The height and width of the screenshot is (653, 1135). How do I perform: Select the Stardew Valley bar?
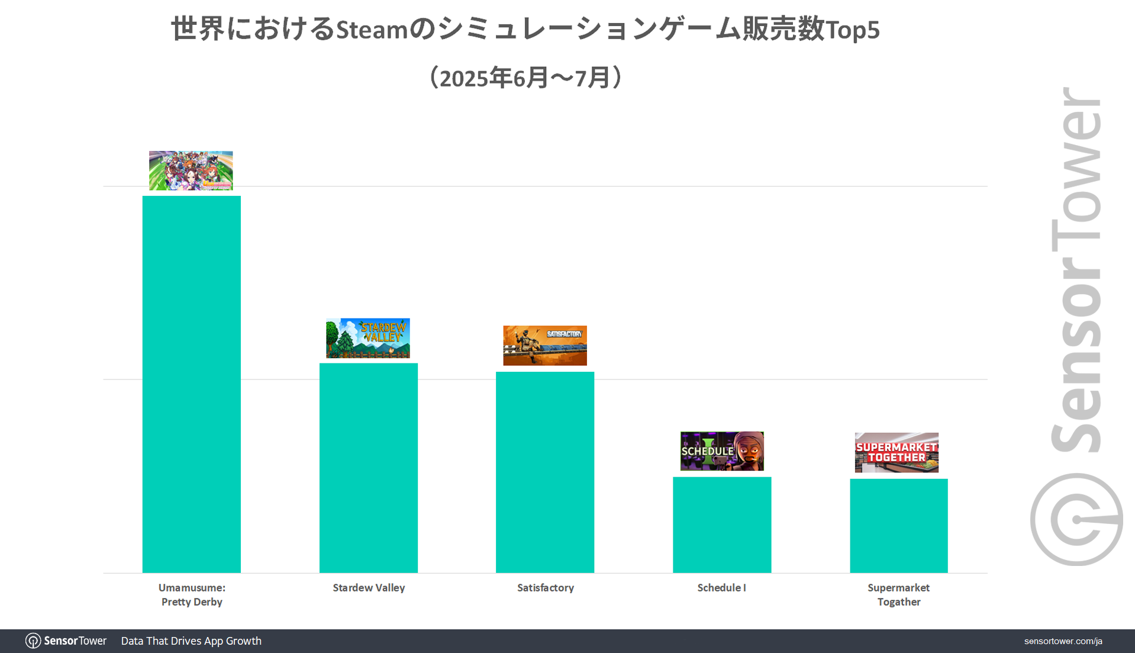coord(368,468)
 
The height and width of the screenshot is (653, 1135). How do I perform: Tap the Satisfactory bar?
coord(544,472)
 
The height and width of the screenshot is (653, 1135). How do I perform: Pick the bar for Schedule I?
coord(721,525)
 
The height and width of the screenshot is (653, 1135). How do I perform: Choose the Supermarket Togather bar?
coord(898,526)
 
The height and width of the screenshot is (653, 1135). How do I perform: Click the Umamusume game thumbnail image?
coord(191,171)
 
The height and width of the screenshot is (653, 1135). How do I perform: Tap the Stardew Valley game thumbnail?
coord(367,338)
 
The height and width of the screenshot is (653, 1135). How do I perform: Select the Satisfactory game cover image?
coord(544,345)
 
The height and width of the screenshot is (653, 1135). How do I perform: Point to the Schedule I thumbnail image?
coord(721,451)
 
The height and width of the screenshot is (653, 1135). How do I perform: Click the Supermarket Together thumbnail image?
coord(896,452)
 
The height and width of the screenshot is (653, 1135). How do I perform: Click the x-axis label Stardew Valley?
coord(369,588)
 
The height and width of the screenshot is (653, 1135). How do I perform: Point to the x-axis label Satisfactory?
coord(545,588)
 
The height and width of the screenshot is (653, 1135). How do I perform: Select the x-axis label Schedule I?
coord(721,588)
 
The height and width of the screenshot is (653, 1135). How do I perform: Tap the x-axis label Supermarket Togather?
coord(898,594)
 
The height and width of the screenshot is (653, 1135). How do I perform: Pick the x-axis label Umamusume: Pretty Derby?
coord(192,594)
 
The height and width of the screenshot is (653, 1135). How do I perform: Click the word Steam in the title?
coord(372,30)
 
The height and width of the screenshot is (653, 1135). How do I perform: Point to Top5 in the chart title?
coord(853,30)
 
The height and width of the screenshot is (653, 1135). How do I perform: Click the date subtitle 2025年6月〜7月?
coord(524,78)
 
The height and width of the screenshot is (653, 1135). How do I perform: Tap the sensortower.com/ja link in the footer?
coord(1063,641)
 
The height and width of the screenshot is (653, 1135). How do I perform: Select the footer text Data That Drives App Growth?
coord(191,641)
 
